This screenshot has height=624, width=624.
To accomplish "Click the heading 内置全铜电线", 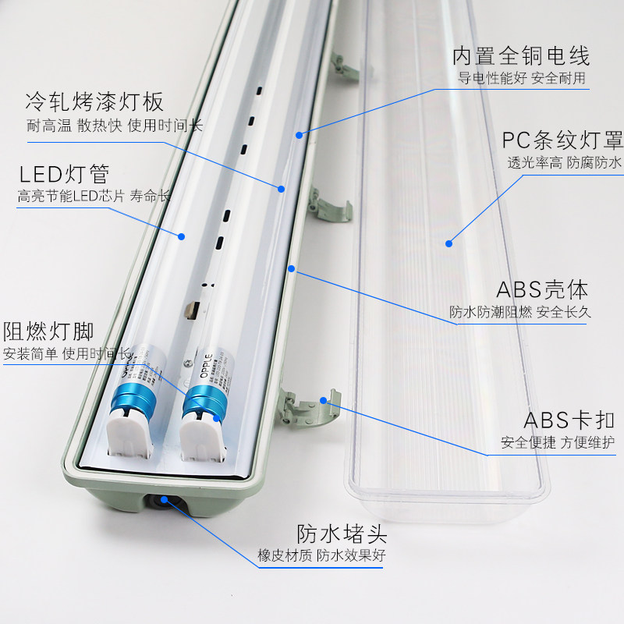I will click(x=521, y=56).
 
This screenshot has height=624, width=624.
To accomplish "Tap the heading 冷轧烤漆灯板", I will click(x=94, y=102).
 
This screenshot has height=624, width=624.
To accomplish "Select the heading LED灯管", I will click(x=65, y=172).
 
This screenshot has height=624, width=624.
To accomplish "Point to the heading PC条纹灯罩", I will click(x=562, y=140).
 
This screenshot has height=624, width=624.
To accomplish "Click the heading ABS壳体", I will click(x=542, y=290).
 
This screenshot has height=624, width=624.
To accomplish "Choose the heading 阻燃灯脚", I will click(x=48, y=331).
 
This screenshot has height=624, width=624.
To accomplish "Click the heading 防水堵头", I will click(x=342, y=534).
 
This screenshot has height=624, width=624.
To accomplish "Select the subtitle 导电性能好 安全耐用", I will click(x=521, y=78).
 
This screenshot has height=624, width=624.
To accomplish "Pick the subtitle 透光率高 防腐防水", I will click(x=564, y=163).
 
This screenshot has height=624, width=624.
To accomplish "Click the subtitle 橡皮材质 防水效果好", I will click(x=321, y=556).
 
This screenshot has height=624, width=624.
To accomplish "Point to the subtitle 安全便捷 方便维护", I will click(x=558, y=442).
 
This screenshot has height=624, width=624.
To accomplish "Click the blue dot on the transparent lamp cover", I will click(x=449, y=243).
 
